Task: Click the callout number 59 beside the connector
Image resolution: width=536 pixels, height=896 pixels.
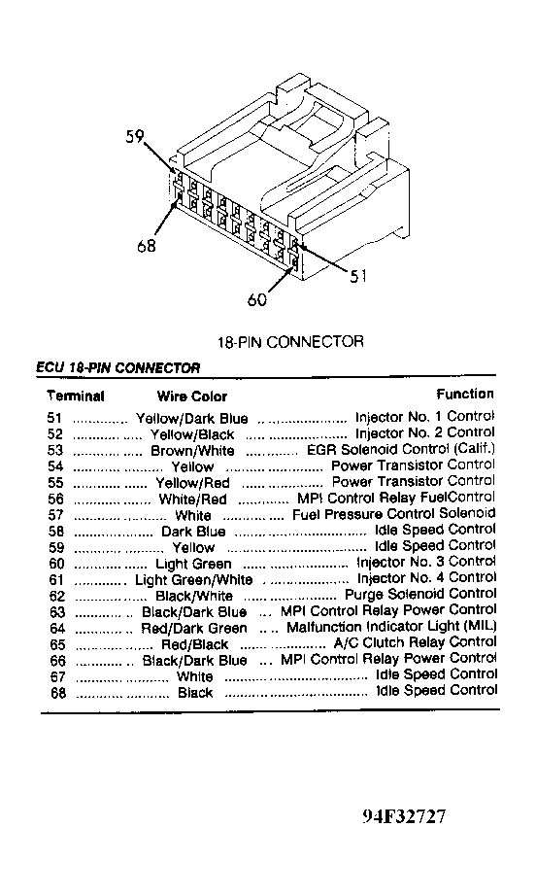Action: [x=135, y=137]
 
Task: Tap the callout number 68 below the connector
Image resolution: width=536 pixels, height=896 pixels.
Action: [x=147, y=246]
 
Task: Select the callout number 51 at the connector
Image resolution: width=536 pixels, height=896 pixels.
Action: [x=358, y=276]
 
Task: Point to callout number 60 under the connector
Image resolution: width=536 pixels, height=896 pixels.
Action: [x=257, y=299]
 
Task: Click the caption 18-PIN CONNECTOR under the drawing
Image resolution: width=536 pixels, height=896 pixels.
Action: [x=290, y=342]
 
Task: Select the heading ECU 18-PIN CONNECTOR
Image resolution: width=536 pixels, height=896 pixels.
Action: [x=118, y=367]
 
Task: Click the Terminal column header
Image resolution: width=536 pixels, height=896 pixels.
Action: [x=76, y=396]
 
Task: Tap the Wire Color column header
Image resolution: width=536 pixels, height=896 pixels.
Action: [x=192, y=396]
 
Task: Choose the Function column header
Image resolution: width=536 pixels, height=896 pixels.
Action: [x=465, y=394]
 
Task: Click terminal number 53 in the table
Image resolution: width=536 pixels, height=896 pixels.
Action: [x=55, y=451]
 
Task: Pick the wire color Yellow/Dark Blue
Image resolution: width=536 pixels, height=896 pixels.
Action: [x=192, y=419]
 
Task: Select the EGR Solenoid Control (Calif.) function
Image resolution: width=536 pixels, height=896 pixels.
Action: [x=401, y=449]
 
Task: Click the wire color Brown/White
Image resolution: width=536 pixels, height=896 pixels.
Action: [x=192, y=451]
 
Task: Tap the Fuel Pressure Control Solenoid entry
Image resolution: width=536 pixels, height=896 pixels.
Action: [x=394, y=514]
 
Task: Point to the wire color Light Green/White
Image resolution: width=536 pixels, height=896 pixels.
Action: [x=193, y=580]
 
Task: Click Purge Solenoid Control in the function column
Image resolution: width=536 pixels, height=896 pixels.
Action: [x=420, y=595]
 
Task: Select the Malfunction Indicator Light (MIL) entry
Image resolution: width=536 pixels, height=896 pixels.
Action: [x=391, y=627]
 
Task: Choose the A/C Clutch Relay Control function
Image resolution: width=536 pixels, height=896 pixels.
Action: [x=415, y=643]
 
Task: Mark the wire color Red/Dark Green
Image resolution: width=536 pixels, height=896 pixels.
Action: [x=194, y=629]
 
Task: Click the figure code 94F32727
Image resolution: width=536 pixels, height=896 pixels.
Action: [x=404, y=816]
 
